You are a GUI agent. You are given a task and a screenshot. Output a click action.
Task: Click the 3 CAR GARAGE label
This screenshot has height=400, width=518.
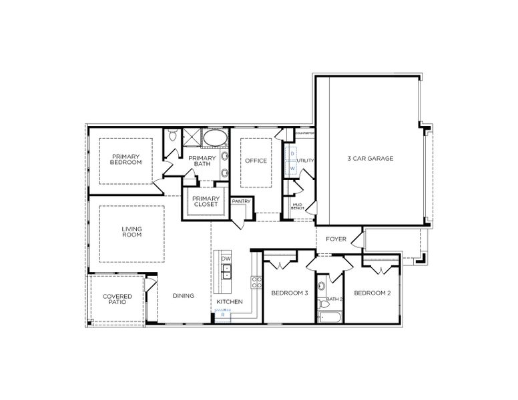tap(370, 159)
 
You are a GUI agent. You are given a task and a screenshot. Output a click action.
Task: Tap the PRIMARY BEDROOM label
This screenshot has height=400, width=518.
tap(126, 159)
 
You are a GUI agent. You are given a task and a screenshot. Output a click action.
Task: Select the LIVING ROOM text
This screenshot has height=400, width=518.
tap(132, 232)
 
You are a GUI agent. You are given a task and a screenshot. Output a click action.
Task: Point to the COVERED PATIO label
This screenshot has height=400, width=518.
tap(117, 299)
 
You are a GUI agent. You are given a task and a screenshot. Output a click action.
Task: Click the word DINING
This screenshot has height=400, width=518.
tap(183, 296)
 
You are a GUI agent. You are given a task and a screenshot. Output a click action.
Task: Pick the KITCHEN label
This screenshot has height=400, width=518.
tap(229, 302)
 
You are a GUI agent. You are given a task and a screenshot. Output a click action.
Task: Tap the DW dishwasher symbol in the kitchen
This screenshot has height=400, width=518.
tap(226, 259)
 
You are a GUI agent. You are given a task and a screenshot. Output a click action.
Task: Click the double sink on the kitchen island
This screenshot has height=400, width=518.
tap(226, 271)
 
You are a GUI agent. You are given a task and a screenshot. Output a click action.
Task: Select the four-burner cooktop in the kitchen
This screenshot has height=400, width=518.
tap(256, 281)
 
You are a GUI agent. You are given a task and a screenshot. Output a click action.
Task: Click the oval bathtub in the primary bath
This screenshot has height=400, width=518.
tap(214, 138)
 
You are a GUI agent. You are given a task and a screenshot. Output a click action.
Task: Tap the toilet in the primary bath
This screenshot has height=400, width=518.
tap(173, 137)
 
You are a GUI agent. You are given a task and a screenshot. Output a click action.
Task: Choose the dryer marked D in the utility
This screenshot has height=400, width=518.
tap(292, 154)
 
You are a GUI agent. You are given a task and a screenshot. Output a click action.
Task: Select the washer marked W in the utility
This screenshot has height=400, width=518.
tap(292, 169)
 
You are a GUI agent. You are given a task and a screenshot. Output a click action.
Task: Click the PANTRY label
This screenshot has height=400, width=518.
tap(240, 201)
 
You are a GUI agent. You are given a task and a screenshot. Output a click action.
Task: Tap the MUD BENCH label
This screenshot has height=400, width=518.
tap(298, 207)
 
